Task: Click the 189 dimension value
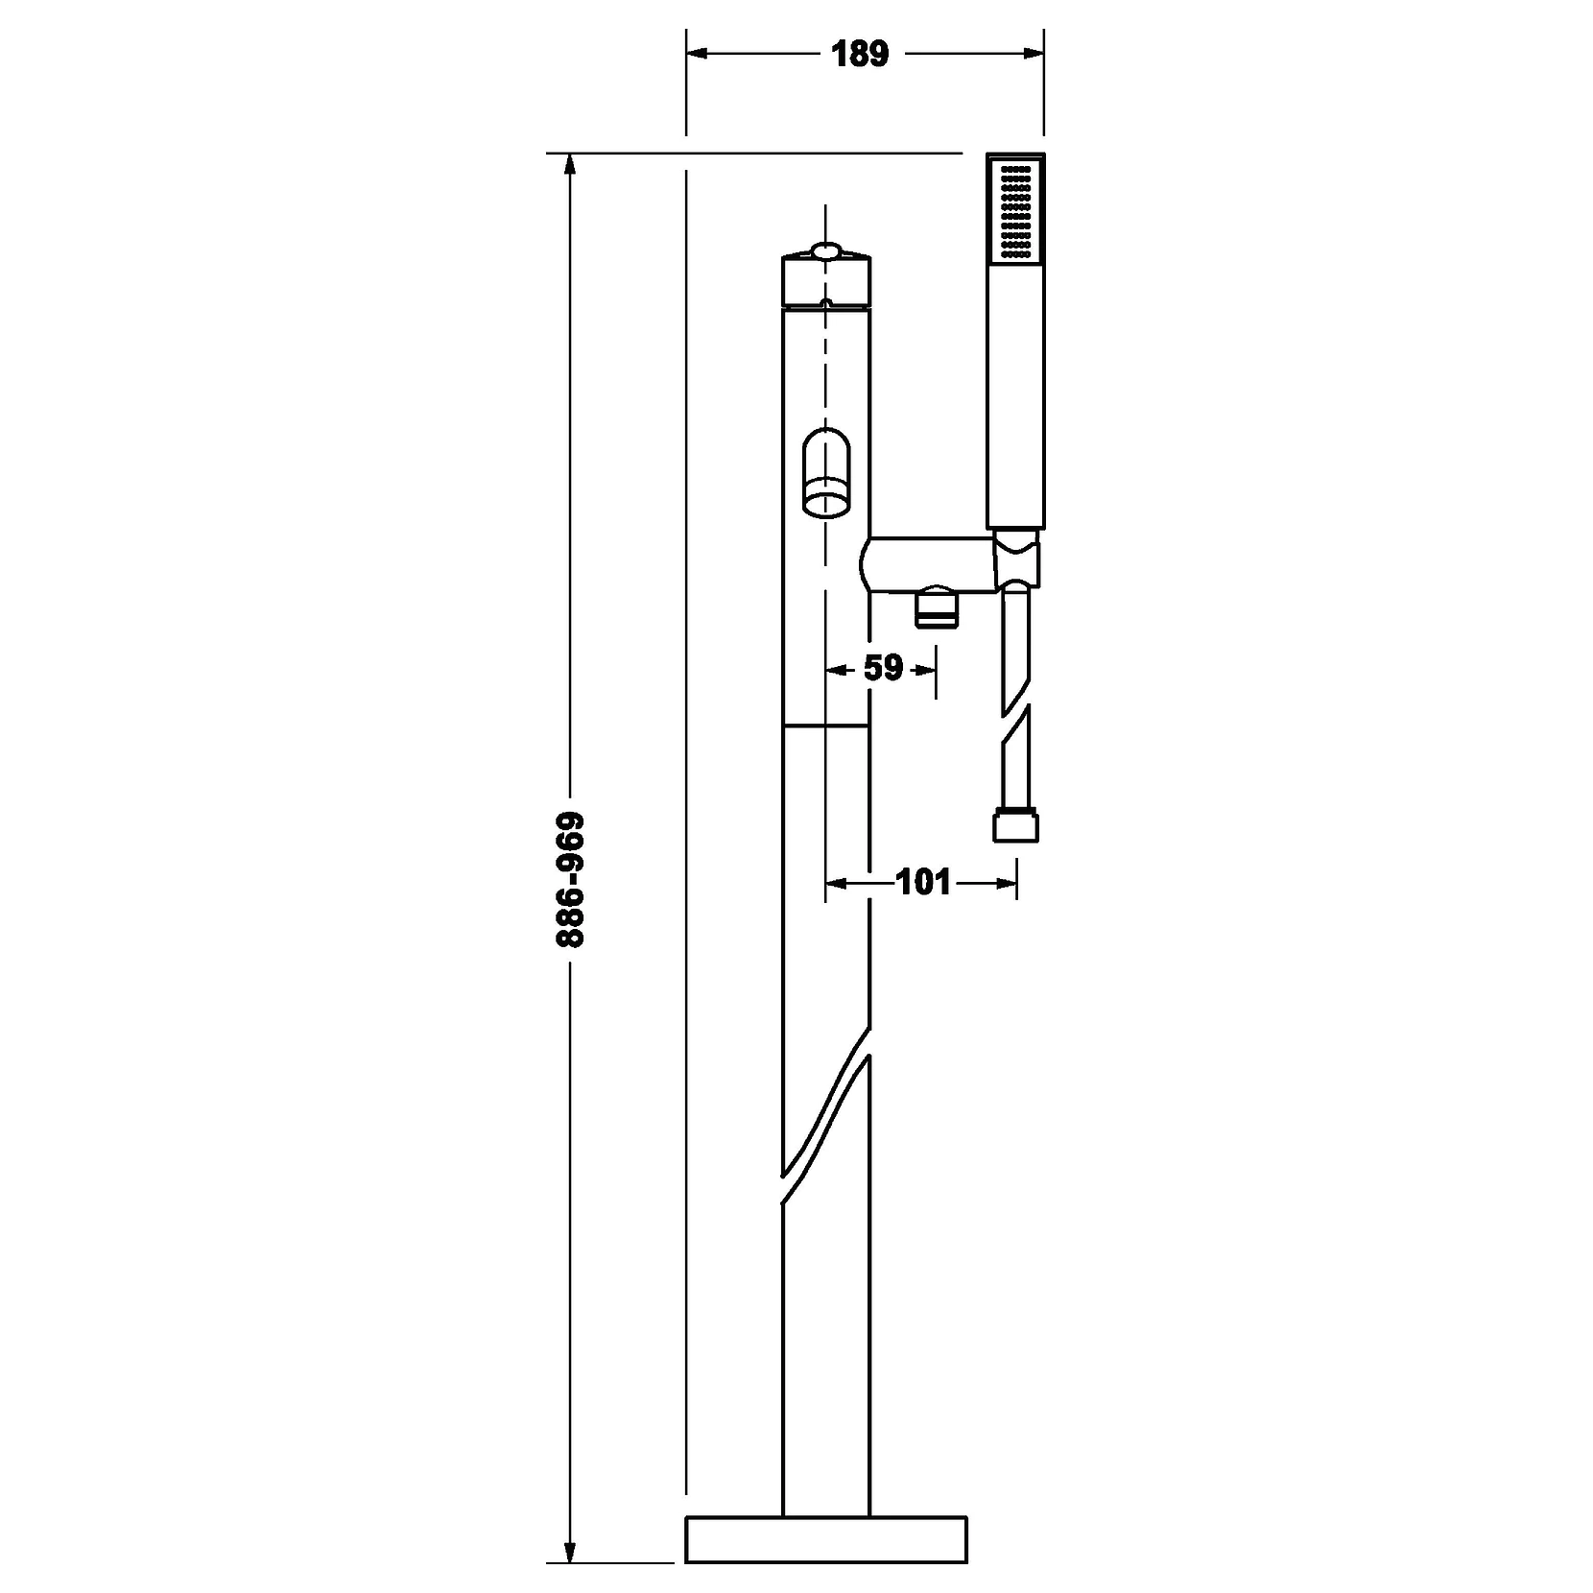click(861, 55)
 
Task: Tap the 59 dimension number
click(883, 668)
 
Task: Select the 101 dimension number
click(922, 882)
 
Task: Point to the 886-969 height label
click(570, 880)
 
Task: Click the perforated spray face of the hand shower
click(1015, 210)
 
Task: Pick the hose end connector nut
click(1015, 827)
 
